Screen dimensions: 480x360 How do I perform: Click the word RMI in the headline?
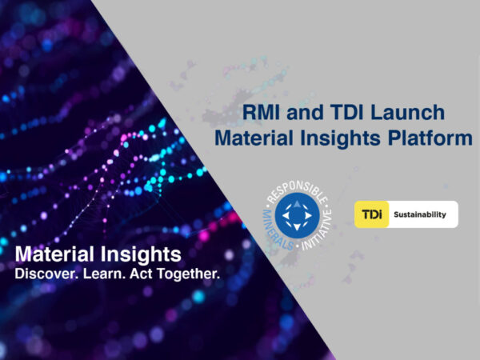pos(261,112)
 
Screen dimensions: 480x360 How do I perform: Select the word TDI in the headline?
pos(347,112)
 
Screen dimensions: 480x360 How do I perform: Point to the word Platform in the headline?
pos(430,138)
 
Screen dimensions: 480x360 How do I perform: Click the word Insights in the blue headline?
pos(341,138)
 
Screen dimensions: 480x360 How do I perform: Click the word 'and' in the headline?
pos(305,112)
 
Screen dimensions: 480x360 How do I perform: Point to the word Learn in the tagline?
pos(104,274)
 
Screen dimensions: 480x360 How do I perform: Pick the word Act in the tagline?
pos(141,274)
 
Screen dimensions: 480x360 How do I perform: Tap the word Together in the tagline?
pos(189,274)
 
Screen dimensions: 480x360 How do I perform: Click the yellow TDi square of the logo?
pos(372,214)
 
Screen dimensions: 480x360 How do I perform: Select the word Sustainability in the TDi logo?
pos(420,214)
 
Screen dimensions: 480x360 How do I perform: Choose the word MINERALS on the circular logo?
pos(275,231)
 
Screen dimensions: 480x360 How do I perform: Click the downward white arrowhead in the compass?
pos(298,227)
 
